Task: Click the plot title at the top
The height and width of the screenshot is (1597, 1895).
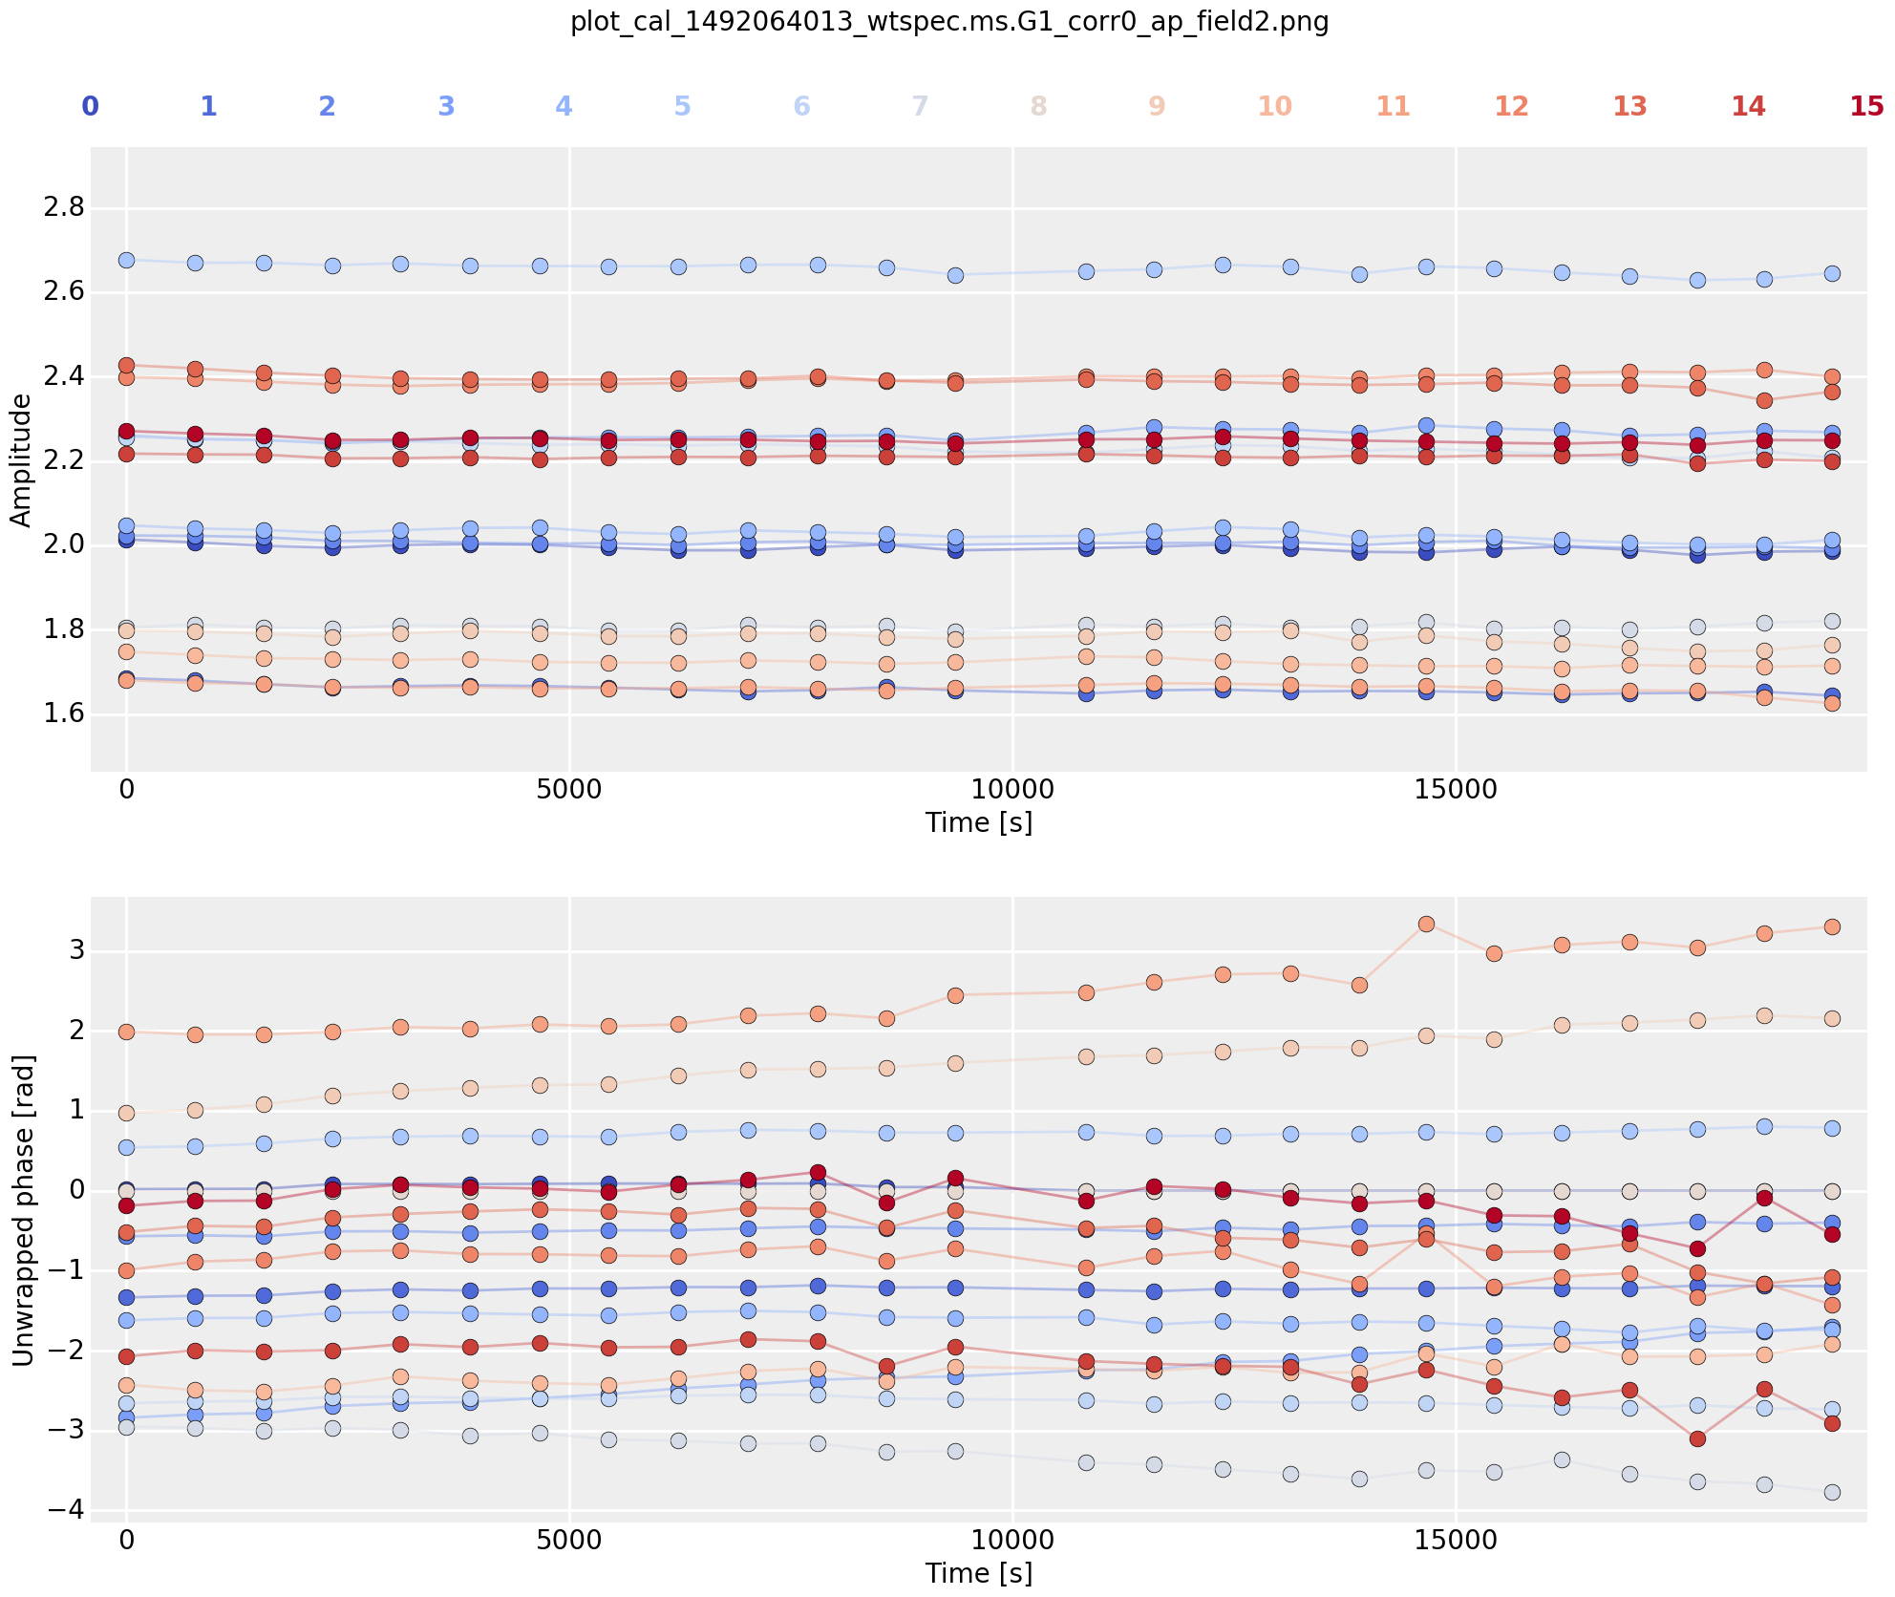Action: [x=949, y=22]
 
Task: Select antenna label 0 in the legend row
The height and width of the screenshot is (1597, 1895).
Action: [x=90, y=106]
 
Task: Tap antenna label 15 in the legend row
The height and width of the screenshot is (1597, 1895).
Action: [x=1866, y=106]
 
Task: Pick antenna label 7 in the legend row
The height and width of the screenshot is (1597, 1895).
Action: [x=920, y=106]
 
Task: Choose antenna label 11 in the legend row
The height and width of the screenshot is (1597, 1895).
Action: [x=1394, y=106]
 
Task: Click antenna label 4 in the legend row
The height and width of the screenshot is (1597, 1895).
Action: [x=564, y=106]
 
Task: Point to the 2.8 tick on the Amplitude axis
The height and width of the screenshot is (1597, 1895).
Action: [x=63, y=207]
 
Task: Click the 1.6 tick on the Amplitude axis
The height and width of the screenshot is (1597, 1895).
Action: [x=63, y=714]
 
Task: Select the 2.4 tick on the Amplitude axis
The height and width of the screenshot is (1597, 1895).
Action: [x=63, y=376]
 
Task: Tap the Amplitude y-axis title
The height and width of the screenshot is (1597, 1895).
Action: [x=21, y=459]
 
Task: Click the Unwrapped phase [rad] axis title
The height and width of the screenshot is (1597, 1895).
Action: [x=21, y=1210]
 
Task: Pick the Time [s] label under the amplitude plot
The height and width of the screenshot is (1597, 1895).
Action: [x=979, y=822]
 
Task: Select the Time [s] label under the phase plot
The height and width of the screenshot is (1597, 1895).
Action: [x=979, y=1573]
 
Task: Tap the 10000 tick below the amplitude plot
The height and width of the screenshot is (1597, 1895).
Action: [x=1013, y=791]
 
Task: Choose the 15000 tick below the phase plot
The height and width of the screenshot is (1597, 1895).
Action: [x=1456, y=1541]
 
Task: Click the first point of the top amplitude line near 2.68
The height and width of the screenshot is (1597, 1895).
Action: [x=126, y=260]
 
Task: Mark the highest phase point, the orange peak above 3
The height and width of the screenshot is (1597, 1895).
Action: [x=1426, y=924]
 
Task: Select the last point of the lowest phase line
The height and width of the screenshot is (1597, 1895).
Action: [x=1832, y=1492]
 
